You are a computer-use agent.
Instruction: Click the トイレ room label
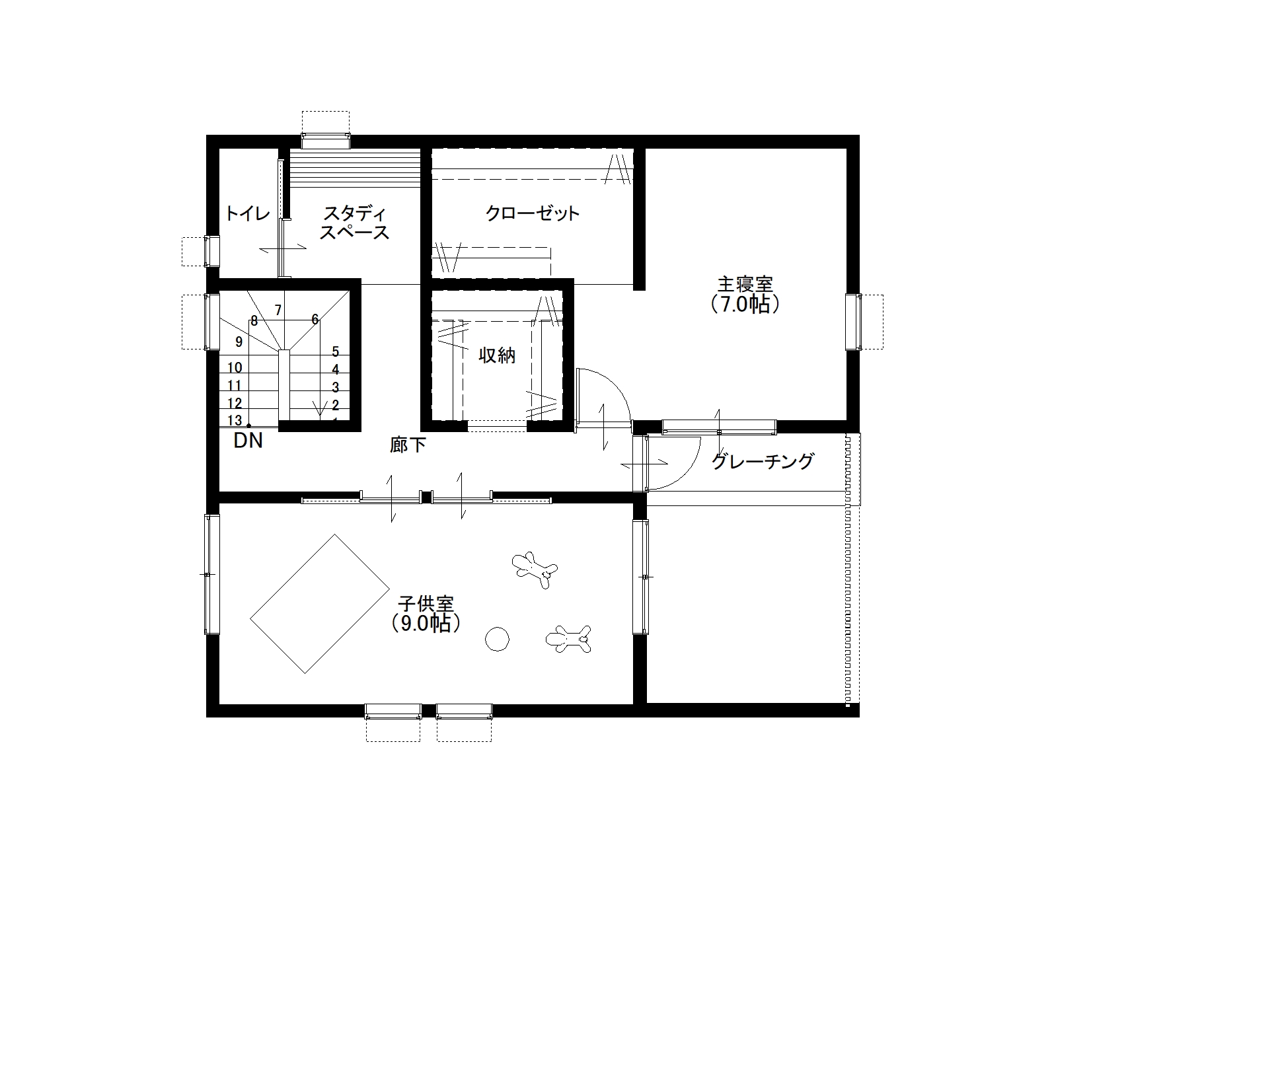(247, 213)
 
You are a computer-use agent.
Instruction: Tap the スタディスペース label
(354, 223)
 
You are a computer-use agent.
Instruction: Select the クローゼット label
(533, 213)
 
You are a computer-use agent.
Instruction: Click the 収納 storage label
(497, 355)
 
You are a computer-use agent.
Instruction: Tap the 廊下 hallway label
(408, 445)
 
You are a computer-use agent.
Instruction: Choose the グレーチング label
(763, 461)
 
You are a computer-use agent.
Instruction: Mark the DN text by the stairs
(248, 440)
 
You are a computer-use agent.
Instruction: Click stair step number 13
(235, 421)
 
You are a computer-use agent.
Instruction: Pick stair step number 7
(278, 310)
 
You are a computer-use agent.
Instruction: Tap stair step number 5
(336, 351)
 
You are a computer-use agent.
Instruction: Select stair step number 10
(235, 367)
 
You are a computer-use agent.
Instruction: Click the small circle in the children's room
(498, 639)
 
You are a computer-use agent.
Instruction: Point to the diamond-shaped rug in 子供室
(320, 604)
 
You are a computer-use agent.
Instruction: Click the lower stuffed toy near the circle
(569, 639)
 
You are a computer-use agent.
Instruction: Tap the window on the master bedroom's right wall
(854, 322)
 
